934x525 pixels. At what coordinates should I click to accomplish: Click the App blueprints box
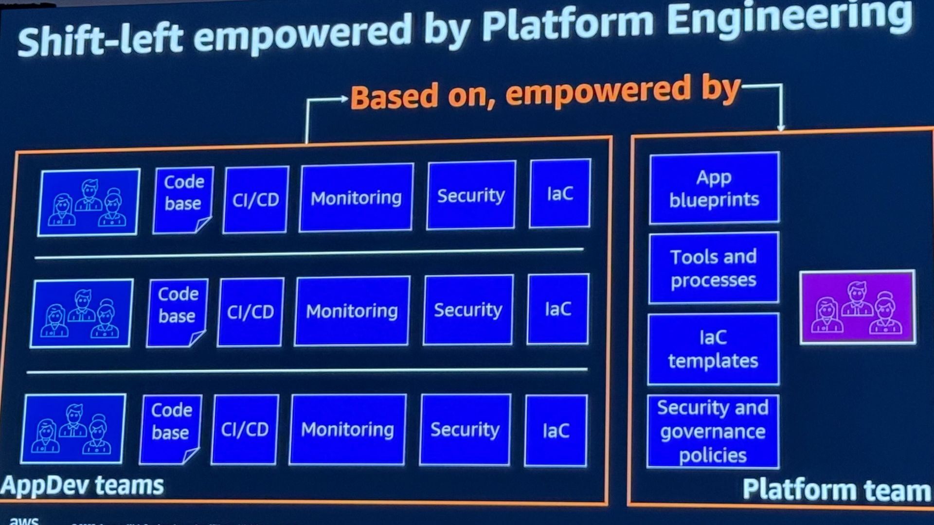click(714, 188)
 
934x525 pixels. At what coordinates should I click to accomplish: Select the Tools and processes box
click(714, 268)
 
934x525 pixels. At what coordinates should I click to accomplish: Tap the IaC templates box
click(713, 349)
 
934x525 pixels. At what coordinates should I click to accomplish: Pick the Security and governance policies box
click(713, 432)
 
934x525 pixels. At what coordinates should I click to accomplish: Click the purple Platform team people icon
click(858, 308)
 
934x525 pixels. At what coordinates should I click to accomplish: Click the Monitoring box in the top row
click(356, 197)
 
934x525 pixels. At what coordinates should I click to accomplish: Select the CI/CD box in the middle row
click(251, 312)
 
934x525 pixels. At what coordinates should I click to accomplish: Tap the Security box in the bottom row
click(465, 430)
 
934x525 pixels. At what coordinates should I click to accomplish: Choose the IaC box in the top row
click(560, 193)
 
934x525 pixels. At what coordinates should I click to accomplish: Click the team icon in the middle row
click(82, 314)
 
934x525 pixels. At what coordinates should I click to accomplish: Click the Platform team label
click(837, 490)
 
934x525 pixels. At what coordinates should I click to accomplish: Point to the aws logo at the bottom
click(24, 520)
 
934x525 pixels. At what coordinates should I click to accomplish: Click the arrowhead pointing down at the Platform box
click(781, 127)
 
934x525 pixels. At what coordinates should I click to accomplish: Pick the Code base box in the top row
click(183, 200)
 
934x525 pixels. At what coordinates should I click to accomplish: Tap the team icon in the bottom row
click(73, 429)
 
